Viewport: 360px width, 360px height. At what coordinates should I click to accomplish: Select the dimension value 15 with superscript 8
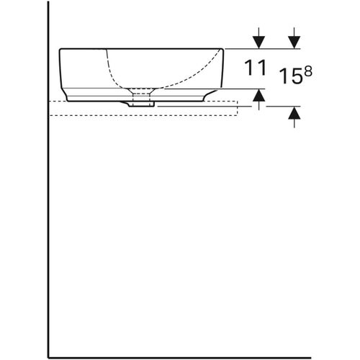[x=290, y=74]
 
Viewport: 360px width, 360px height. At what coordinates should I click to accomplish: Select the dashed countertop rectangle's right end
[x=237, y=108]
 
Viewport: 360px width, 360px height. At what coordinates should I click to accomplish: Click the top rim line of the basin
[x=144, y=48]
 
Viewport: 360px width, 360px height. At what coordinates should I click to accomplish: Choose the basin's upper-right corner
[x=225, y=49]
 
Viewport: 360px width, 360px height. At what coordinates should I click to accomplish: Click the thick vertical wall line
[x=48, y=216]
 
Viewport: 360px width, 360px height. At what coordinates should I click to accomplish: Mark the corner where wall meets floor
[x=48, y=356]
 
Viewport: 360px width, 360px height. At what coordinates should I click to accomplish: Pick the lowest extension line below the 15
[x=284, y=106]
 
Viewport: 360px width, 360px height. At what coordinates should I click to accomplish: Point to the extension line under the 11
[x=245, y=89]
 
